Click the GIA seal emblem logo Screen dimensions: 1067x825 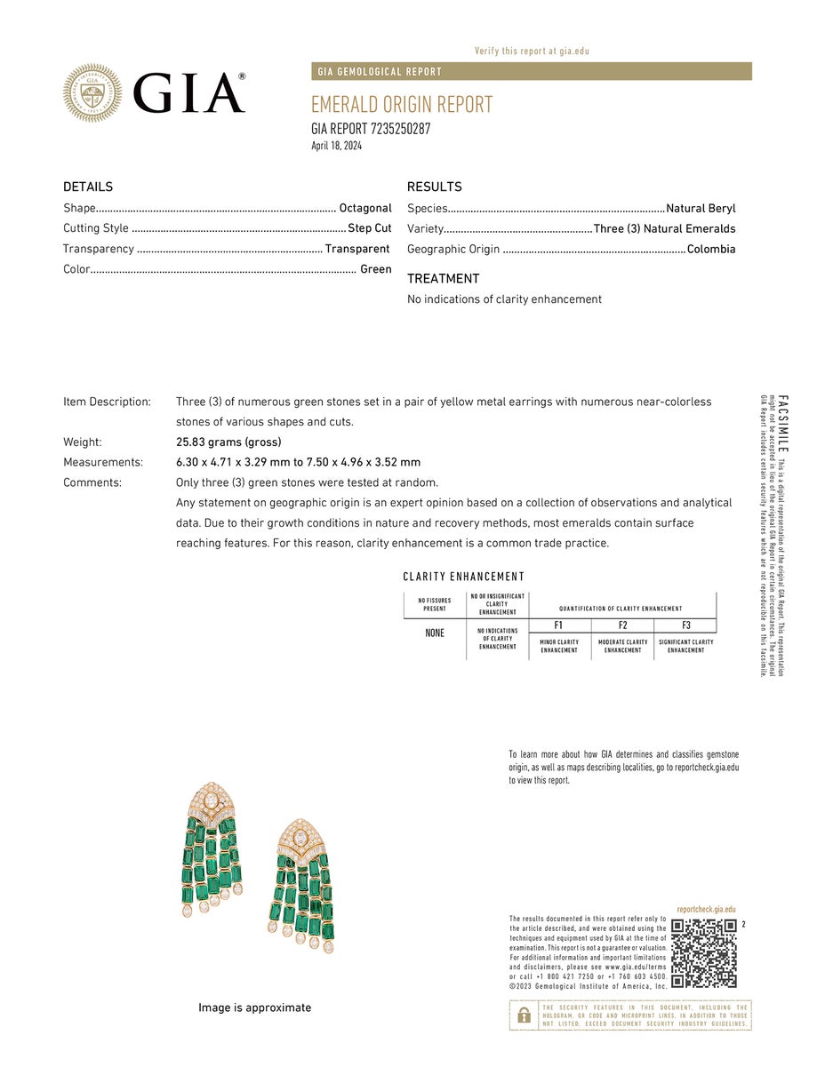pyautogui.click(x=92, y=92)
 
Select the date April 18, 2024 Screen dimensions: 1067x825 pyautogui.click(x=336, y=146)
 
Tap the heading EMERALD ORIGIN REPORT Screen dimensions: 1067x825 pyautogui.click(x=402, y=105)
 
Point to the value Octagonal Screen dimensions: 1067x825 pyautogui.click(x=365, y=208)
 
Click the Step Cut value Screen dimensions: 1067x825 pyautogui.click(x=369, y=228)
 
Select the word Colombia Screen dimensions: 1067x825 pyautogui.click(x=711, y=249)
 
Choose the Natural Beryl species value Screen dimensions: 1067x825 pyautogui.click(x=701, y=208)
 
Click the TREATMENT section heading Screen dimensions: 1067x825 pyautogui.click(x=443, y=278)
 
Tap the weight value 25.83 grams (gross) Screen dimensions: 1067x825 pyautogui.click(x=228, y=442)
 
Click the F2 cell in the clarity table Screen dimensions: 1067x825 pyautogui.click(x=622, y=625)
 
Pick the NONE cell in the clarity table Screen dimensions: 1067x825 pyautogui.click(x=435, y=633)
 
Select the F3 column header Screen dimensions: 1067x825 pyautogui.click(x=685, y=625)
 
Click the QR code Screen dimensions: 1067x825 pyautogui.click(x=704, y=953)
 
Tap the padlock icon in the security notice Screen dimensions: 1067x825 pyautogui.click(x=525, y=1015)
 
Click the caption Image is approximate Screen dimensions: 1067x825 pyautogui.click(x=254, y=1007)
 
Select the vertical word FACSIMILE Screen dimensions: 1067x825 pyautogui.click(x=782, y=423)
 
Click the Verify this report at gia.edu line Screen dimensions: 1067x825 pyautogui.click(x=532, y=51)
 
